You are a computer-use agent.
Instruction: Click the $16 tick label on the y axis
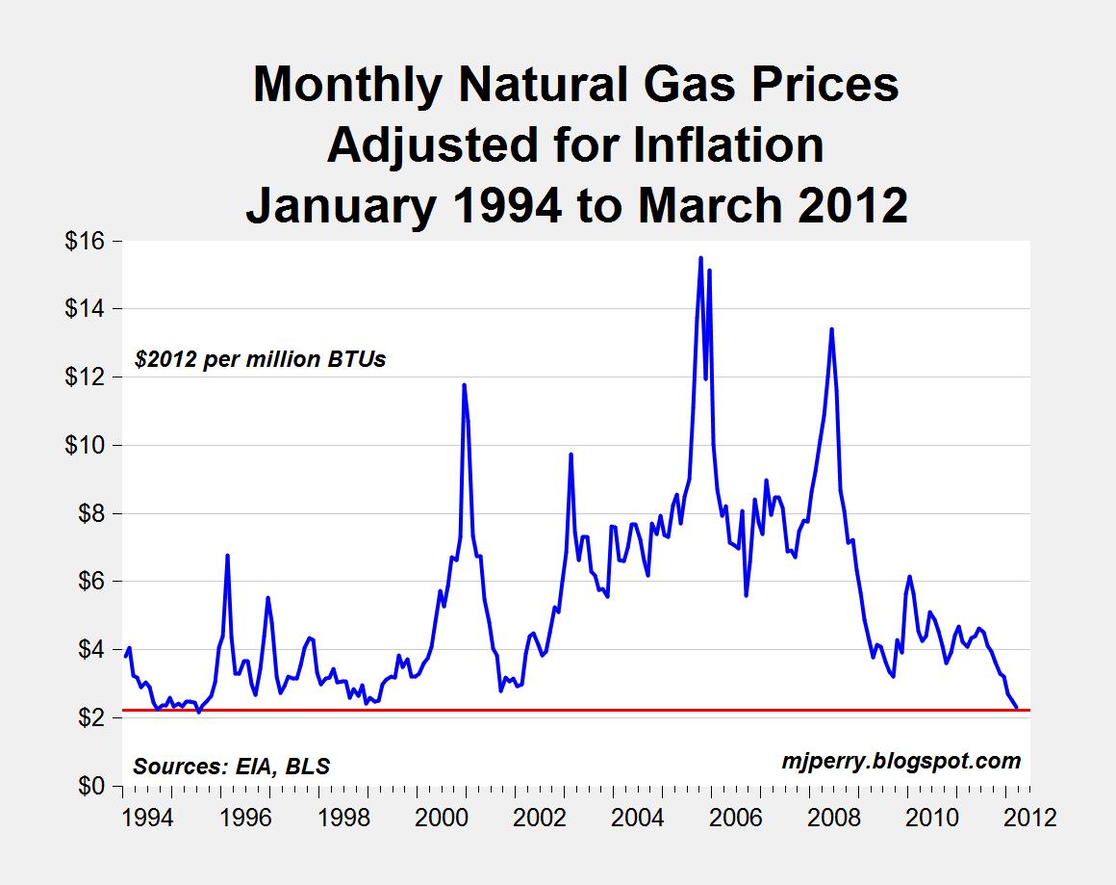[x=85, y=241]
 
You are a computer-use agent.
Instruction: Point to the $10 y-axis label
[x=85, y=445]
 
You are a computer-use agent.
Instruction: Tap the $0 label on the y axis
[x=90, y=786]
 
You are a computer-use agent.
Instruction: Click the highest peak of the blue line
[x=700, y=258]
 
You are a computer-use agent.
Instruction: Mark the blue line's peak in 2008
[x=831, y=329]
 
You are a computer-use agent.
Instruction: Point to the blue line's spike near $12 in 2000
[x=464, y=385]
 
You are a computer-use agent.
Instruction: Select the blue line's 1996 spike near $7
[x=227, y=556]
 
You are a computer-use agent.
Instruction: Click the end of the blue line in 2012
[x=1017, y=708]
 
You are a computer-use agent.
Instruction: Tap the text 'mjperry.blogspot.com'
[x=900, y=761]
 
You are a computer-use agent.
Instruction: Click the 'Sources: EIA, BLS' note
[x=231, y=767]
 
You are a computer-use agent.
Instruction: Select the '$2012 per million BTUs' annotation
[x=260, y=360]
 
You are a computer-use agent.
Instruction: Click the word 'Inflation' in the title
[x=711, y=145]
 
